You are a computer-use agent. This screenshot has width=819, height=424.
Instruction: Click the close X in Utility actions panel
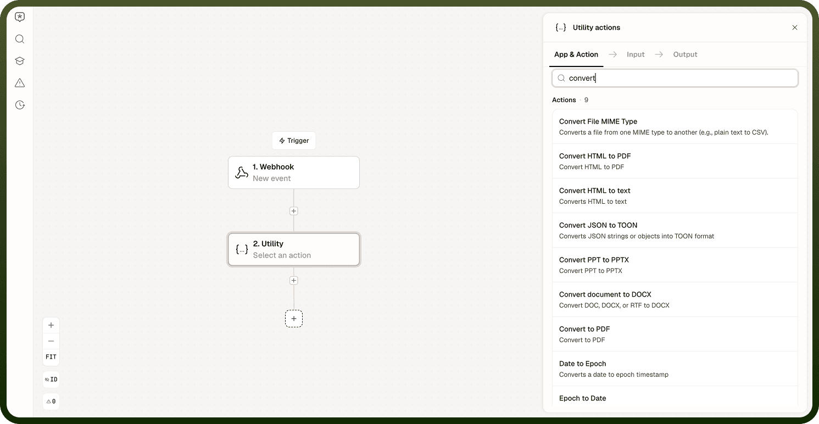point(794,27)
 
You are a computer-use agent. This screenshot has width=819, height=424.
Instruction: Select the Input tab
point(636,54)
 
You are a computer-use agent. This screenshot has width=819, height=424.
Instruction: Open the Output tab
point(685,54)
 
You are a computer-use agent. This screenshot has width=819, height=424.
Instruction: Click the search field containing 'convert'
point(675,78)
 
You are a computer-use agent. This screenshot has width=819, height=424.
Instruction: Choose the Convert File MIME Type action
point(675,126)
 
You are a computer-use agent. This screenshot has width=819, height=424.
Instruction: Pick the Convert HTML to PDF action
point(675,161)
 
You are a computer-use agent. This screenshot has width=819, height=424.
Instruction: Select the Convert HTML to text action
point(675,196)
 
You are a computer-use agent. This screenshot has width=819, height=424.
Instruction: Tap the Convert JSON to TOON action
point(675,230)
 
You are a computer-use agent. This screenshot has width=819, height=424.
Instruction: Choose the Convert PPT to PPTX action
point(675,265)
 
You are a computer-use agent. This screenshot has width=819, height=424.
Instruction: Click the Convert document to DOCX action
point(675,299)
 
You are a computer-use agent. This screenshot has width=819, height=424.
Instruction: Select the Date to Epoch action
point(675,369)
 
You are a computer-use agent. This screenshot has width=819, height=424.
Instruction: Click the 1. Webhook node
point(293,172)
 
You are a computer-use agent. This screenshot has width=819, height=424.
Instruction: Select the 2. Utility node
point(293,249)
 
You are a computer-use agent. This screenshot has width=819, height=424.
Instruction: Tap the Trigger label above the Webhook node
point(293,141)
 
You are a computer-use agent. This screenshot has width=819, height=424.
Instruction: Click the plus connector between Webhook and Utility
point(293,211)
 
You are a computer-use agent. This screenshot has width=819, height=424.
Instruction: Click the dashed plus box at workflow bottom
point(293,319)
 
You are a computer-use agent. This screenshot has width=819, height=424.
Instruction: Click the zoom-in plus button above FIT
point(51,325)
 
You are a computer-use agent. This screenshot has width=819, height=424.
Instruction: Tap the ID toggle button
point(51,380)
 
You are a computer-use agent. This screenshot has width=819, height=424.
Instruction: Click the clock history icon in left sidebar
point(20,105)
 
